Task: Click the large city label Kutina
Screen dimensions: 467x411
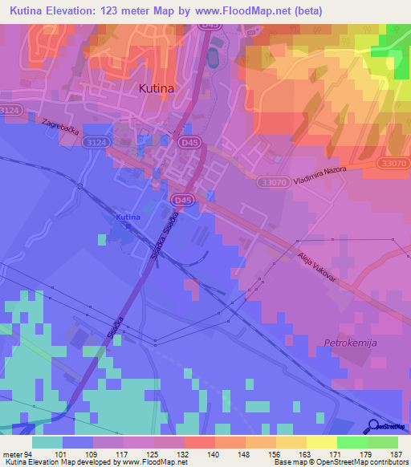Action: pyautogui.click(x=157, y=89)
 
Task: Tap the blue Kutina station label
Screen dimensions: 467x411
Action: pyautogui.click(x=128, y=217)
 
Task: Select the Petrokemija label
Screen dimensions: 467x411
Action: pyautogui.click(x=351, y=343)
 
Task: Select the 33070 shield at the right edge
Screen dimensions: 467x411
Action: pyautogui.click(x=393, y=162)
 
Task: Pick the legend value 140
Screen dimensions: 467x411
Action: pyautogui.click(x=214, y=454)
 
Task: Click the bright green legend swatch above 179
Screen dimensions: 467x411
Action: pyautogui.click(x=352, y=442)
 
